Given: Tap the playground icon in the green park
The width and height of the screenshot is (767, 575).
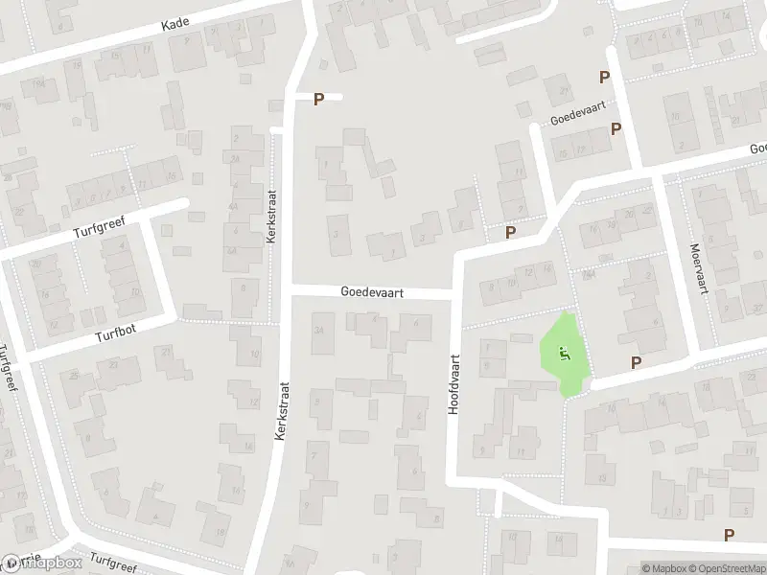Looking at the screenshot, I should click(565, 352).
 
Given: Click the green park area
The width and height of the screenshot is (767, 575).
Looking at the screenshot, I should click(568, 369).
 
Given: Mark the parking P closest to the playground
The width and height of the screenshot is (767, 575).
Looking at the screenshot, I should click(635, 361).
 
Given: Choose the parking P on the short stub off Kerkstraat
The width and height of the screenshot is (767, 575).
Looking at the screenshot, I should click(319, 98).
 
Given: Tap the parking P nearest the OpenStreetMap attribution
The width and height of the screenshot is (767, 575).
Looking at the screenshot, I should click(730, 536).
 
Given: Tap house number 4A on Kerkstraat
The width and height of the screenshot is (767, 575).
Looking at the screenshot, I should click(233, 206).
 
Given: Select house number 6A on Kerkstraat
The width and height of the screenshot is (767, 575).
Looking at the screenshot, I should click(233, 250).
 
